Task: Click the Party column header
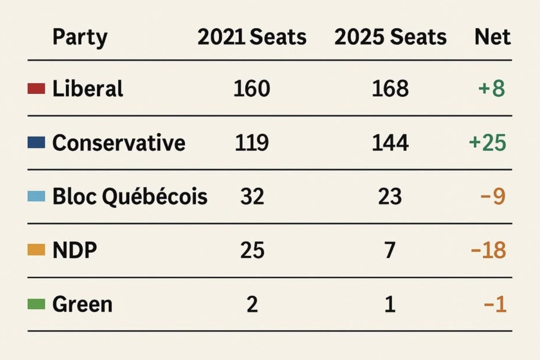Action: click(x=80, y=37)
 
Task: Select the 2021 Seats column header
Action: click(x=252, y=37)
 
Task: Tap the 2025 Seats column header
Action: click(x=390, y=37)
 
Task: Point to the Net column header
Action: click(x=493, y=37)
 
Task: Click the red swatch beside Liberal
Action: click(x=36, y=89)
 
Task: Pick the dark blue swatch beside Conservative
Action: click(x=36, y=142)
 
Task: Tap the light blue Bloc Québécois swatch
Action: click(x=36, y=196)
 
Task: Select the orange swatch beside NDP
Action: click(x=36, y=250)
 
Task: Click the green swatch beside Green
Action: click(x=36, y=304)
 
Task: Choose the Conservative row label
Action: click(x=119, y=142)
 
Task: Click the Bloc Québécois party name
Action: click(x=130, y=197)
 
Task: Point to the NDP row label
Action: click(x=75, y=250)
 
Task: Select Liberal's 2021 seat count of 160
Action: click(x=252, y=89)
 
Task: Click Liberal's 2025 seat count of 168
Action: click(x=390, y=89)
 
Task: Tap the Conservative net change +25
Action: click(x=487, y=143)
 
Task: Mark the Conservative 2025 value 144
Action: click(x=390, y=143)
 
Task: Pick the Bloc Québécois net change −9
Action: click(x=493, y=197)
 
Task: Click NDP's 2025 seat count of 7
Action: click(x=390, y=250)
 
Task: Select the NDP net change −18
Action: click(x=488, y=250)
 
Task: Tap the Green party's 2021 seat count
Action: click(x=252, y=305)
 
